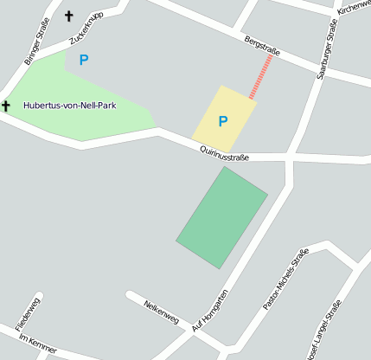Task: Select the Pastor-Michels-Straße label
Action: tap(285, 280)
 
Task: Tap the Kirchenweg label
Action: tap(355, 7)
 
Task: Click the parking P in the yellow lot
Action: tap(222, 122)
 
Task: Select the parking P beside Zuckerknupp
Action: tap(84, 60)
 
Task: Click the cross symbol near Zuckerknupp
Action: tap(68, 16)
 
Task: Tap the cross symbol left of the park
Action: tap(5, 106)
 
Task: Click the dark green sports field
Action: tap(221, 217)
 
